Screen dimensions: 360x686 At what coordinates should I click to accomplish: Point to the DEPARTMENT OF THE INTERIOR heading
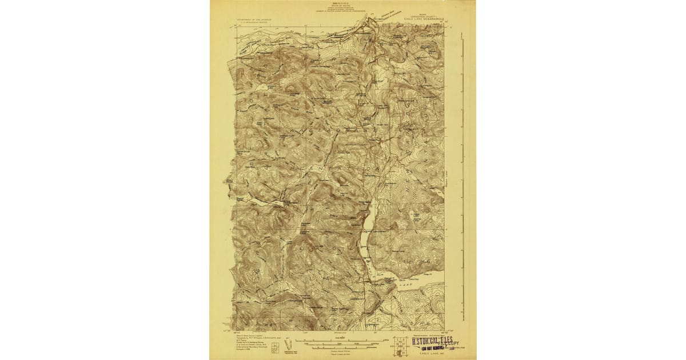point(254,19)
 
